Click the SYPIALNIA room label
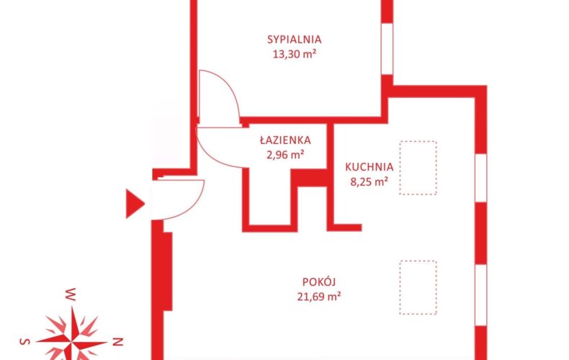coord(295,39)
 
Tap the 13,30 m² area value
coord(295,55)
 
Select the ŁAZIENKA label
coord(285,140)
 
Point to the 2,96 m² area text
coord(285,155)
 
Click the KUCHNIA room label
coord(369,167)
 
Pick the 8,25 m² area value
coord(369,182)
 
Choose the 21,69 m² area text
coord(319,297)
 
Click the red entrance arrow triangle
coord(135,204)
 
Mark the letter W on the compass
coord(70,294)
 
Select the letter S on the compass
coord(24,341)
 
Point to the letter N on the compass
coord(119,341)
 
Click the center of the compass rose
coord(73,341)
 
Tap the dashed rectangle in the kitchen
coord(418,168)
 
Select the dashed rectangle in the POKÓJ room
coord(418,287)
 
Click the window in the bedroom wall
coord(387,49)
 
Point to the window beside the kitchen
coord(481,179)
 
